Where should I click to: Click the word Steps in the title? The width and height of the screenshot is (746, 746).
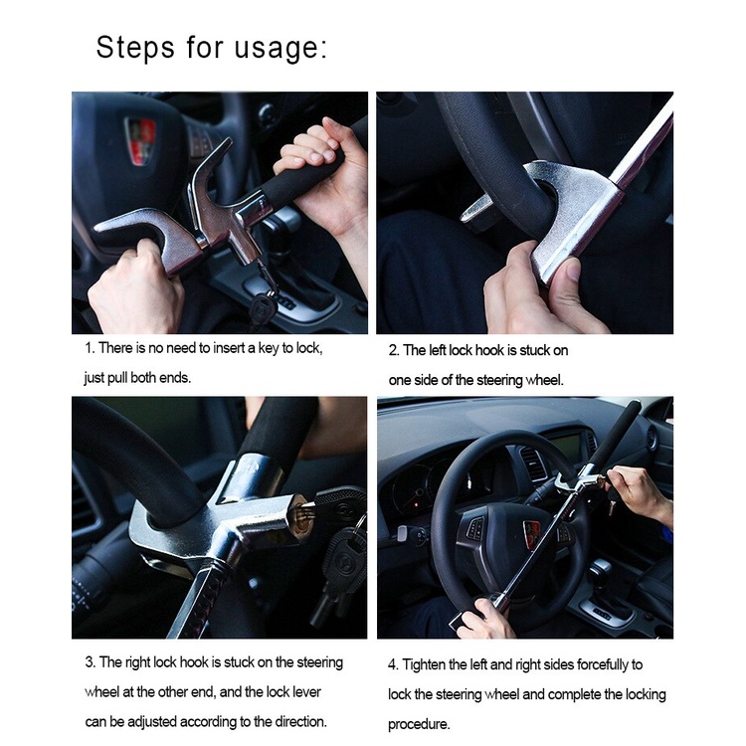click(x=135, y=48)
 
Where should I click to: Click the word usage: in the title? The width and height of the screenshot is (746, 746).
click(x=280, y=49)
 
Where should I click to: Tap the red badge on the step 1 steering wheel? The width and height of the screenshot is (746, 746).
click(x=140, y=141)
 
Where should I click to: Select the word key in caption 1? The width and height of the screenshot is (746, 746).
click(x=269, y=348)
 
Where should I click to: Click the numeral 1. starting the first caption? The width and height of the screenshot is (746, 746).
click(x=90, y=348)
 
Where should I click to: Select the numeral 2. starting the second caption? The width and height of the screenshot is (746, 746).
click(x=394, y=351)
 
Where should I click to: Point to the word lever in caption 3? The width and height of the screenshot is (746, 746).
click(x=307, y=691)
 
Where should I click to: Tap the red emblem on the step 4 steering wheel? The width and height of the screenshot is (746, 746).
click(x=531, y=528)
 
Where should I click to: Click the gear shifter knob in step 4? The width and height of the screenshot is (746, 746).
click(x=600, y=569)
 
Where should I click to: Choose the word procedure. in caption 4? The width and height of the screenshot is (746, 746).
click(x=419, y=724)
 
